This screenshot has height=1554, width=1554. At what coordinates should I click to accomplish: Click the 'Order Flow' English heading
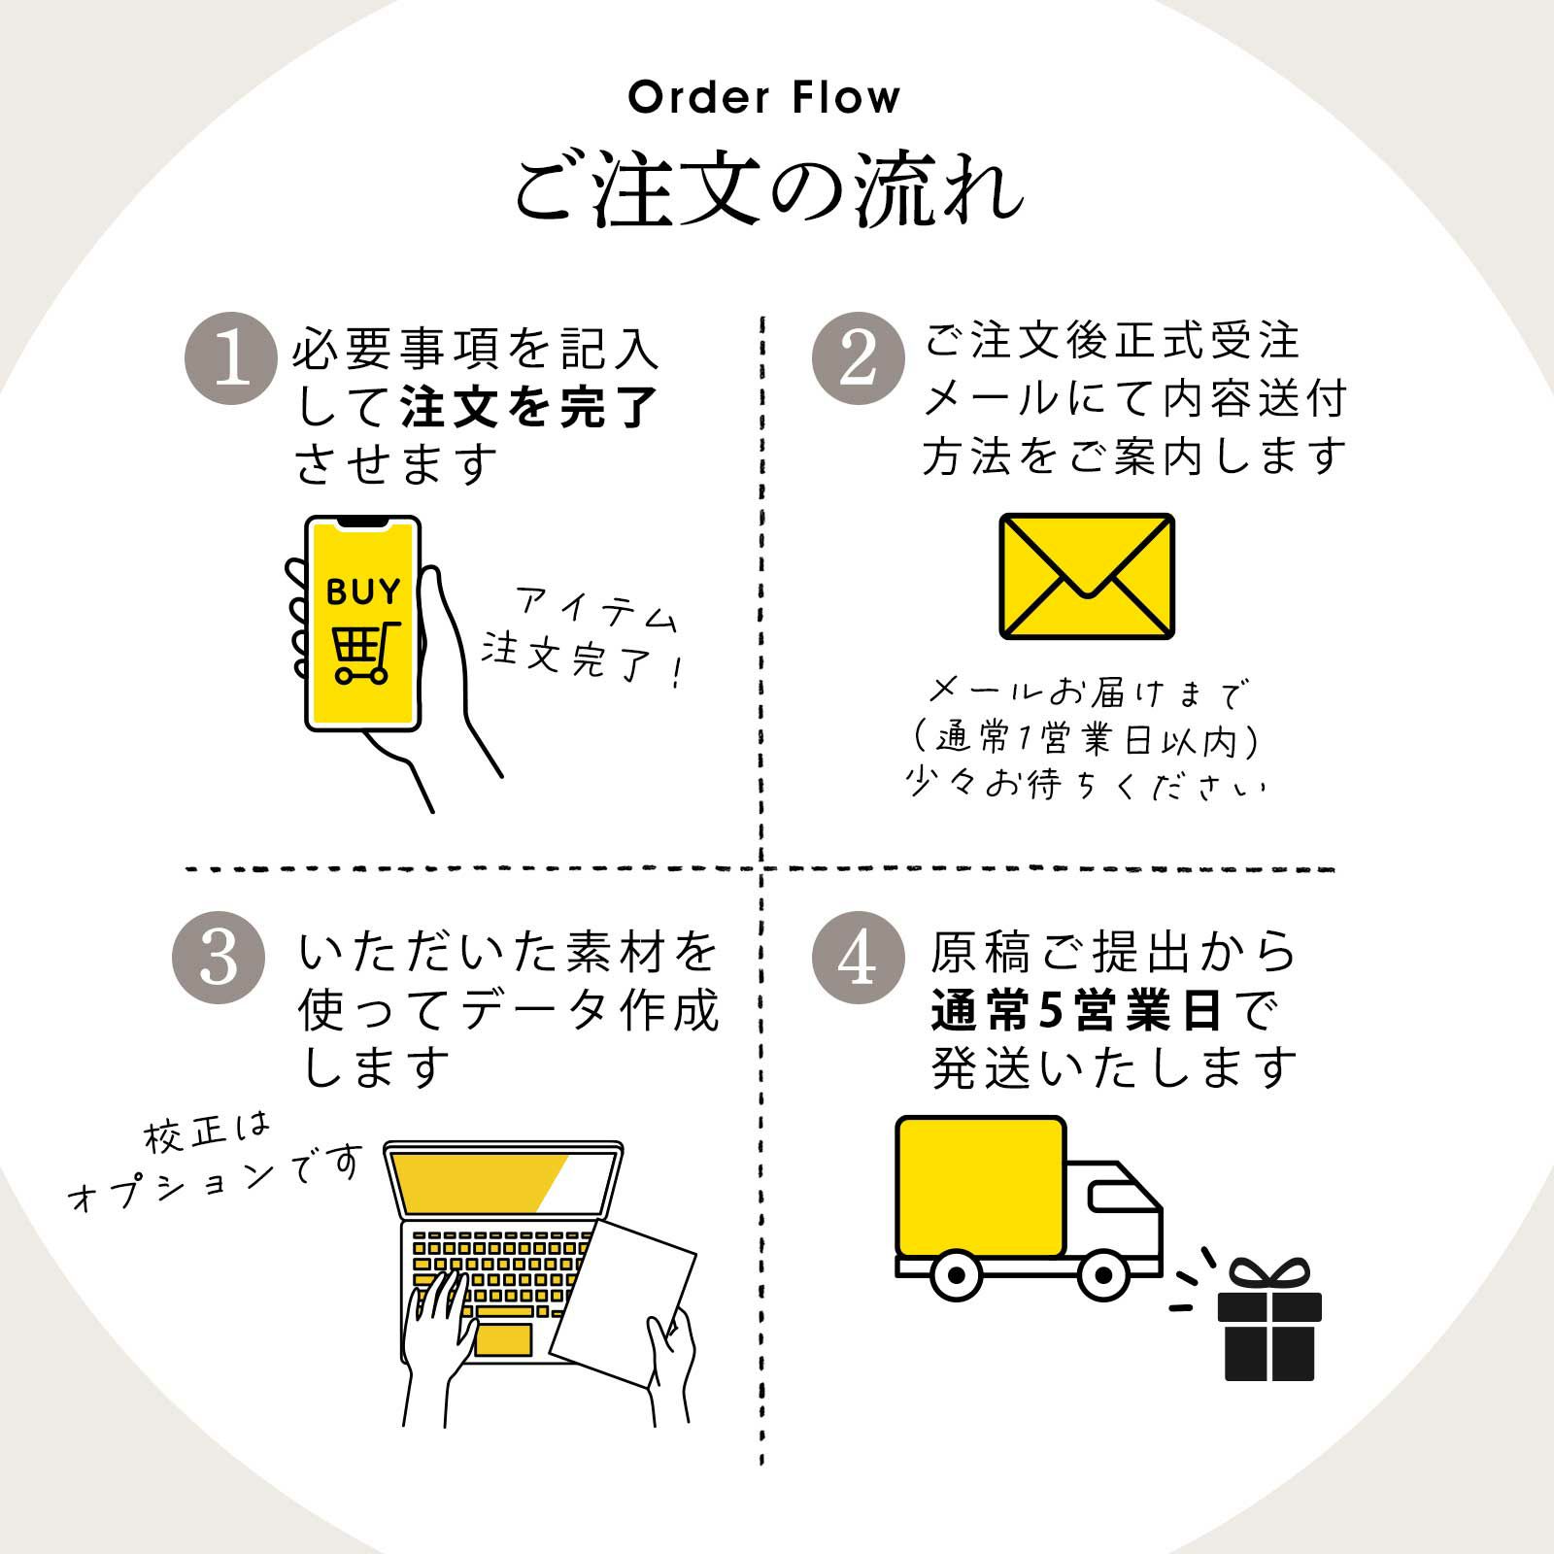(x=764, y=98)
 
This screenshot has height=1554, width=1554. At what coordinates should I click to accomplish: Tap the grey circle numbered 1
(x=231, y=358)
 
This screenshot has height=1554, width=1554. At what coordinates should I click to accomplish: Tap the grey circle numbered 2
(x=858, y=357)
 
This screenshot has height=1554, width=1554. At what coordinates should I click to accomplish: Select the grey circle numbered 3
(x=219, y=957)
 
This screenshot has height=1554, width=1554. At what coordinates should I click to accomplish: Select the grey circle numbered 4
(x=858, y=957)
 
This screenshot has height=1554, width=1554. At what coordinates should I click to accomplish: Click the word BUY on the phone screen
(x=363, y=591)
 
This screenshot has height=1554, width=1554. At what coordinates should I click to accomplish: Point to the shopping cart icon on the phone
(x=364, y=652)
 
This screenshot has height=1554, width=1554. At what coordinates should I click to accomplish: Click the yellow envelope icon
(x=1087, y=576)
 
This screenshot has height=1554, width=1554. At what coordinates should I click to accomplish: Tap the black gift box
(x=1269, y=1329)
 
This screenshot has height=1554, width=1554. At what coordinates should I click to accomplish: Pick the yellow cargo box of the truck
(x=980, y=1187)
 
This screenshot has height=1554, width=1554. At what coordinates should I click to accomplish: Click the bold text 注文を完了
(x=529, y=407)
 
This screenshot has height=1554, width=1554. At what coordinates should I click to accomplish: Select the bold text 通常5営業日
(x=1076, y=1011)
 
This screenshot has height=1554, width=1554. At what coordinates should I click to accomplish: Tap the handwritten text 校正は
(x=207, y=1133)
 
